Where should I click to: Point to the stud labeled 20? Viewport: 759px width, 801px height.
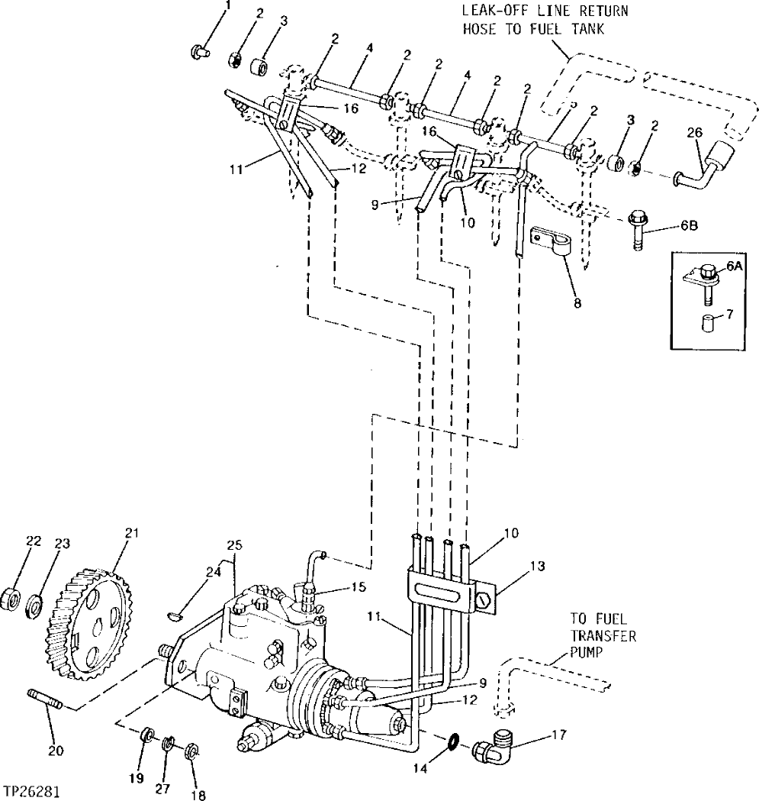pyautogui.click(x=47, y=700)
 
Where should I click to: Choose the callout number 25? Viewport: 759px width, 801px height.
pyautogui.click(x=233, y=544)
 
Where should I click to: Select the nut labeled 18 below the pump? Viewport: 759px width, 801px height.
pyautogui.click(x=191, y=748)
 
